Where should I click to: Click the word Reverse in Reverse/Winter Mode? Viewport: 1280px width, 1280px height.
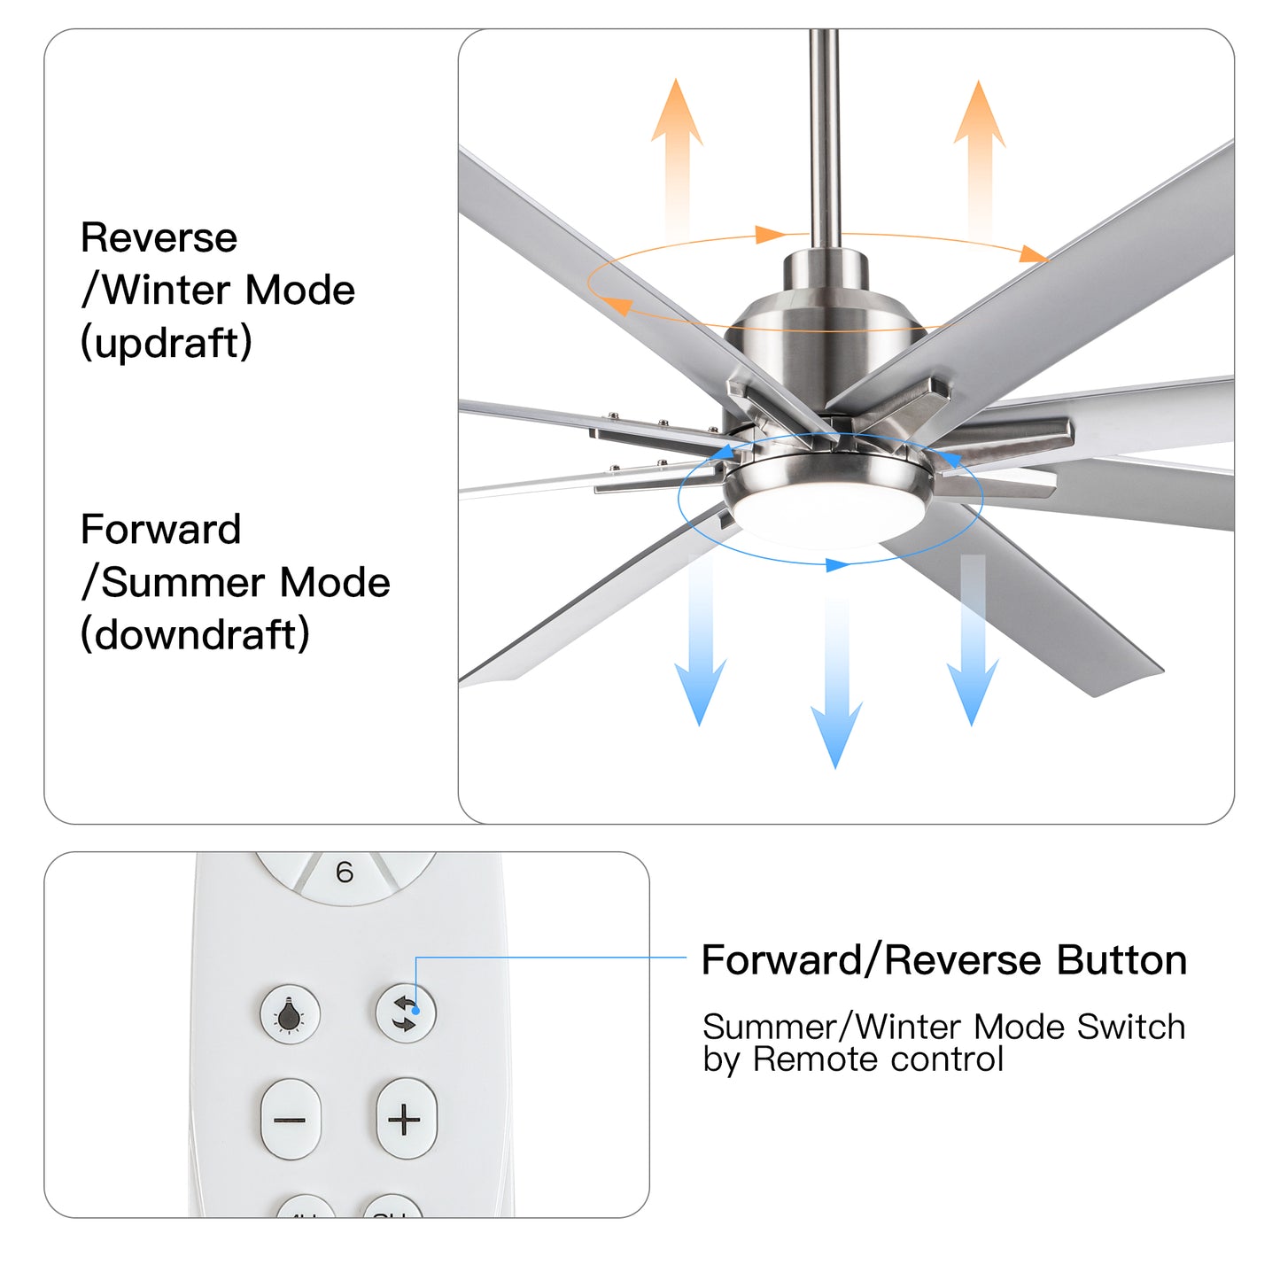coord(159,237)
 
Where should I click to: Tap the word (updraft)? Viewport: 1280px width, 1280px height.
coord(167,343)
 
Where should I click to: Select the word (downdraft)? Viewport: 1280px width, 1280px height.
coord(195,634)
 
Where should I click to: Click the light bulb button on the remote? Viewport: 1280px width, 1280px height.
coord(290,1014)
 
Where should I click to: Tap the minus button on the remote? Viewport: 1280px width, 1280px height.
coord(290,1120)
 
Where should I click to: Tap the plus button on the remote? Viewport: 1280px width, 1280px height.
coord(406,1120)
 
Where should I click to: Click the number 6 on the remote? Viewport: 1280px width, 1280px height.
coord(345,873)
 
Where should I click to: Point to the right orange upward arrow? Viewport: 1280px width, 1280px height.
coord(979,155)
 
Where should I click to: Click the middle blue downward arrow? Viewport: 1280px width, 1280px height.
coord(835,691)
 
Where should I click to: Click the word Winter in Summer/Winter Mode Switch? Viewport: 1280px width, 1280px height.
coord(909,1027)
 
